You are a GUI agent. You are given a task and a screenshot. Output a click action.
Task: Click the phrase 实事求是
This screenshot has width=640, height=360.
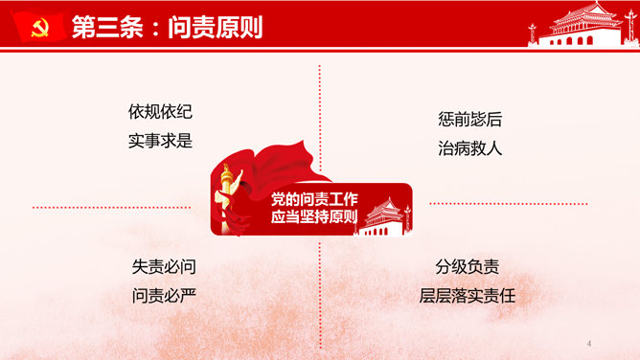[x=160, y=141]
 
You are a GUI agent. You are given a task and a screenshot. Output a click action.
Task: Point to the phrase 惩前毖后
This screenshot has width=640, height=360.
[x=469, y=121]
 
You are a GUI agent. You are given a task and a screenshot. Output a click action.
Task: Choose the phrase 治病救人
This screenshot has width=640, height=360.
[x=469, y=148]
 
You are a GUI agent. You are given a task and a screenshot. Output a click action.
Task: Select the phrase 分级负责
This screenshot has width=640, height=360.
[x=467, y=267]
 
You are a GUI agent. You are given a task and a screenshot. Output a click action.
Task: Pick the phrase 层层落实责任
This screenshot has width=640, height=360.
[x=467, y=296]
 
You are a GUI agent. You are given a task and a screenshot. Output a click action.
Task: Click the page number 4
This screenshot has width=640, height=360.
[x=588, y=343]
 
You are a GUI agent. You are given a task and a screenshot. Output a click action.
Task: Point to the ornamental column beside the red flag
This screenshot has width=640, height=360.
[x=227, y=192]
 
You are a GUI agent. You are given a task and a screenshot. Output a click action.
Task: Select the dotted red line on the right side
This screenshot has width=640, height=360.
[x=518, y=204]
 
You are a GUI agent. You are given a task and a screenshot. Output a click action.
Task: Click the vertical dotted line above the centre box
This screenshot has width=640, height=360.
[x=320, y=115]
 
